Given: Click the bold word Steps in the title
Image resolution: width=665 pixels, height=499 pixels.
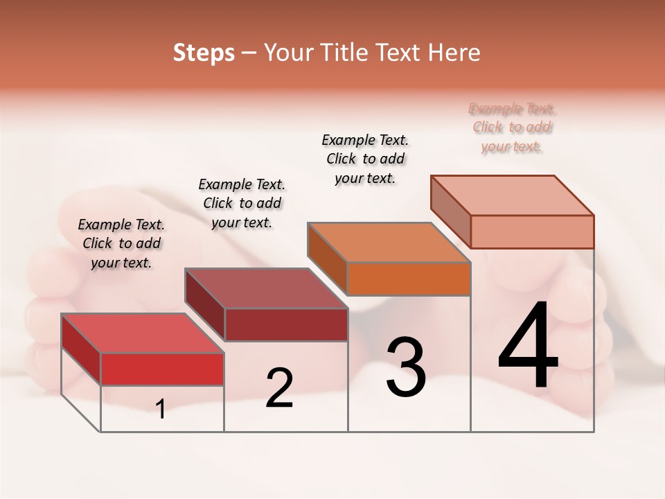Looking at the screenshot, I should click(x=204, y=53).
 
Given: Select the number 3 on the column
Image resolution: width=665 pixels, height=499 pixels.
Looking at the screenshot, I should click(x=406, y=367).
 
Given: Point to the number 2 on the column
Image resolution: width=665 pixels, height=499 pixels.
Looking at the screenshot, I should click(x=280, y=388).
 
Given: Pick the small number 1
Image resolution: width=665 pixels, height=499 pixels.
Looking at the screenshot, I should click(x=161, y=409).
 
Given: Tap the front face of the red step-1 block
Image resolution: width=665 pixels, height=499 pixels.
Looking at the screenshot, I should click(x=162, y=369).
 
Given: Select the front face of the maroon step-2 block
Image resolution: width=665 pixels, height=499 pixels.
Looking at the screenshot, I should click(x=285, y=324).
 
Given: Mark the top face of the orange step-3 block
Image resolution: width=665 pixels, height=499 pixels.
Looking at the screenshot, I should click(x=389, y=243).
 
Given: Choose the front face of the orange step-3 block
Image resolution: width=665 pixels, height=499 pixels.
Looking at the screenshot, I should click(x=409, y=279).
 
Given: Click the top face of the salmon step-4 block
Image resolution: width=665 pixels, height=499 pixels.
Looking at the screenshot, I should click(x=513, y=195).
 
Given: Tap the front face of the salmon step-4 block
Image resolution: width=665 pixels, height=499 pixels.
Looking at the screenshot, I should click(x=532, y=231).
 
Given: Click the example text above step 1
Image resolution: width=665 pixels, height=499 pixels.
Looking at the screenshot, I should click(x=121, y=243).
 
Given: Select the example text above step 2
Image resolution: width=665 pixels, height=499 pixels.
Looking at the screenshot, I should click(x=242, y=203).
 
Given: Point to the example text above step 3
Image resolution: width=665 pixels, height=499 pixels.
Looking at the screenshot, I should click(x=365, y=159).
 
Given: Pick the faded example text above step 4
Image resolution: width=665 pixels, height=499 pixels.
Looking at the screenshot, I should click(x=512, y=128).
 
